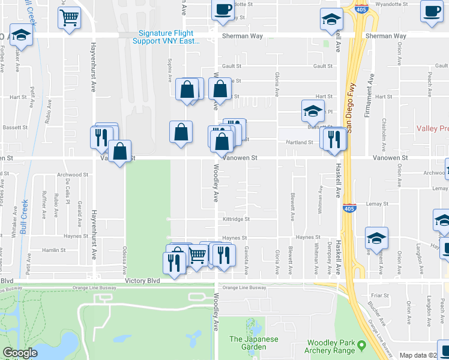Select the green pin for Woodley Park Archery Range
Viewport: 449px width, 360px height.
pyautogui.click(x=362, y=344)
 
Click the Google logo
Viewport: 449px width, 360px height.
pyautogui.click(x=20, y=353)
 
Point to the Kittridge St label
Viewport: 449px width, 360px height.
pyautogui.click(x=236, y=219)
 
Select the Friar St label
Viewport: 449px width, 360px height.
pyautogui.click(x=380, y=295)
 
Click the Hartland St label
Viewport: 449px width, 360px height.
pyautogui.click(x=302, y=142)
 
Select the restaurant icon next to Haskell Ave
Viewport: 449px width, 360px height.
pyautogui.click(x=335, y=139)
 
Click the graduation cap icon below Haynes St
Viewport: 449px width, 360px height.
pyautogui.click(x=376, y=238)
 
